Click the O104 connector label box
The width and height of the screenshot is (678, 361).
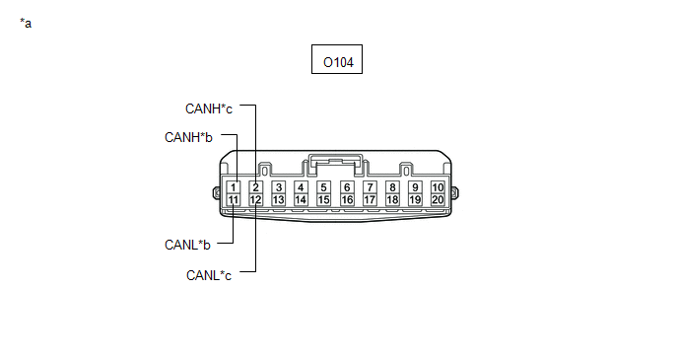337,59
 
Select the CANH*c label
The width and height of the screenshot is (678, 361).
208,108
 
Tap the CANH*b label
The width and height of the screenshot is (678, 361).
188,137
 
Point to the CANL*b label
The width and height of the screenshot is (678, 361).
187,245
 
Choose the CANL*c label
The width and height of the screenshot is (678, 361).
209,275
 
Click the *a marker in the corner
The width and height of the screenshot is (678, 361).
26,23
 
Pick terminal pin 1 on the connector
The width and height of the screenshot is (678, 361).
233,187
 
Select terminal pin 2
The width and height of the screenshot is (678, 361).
255,187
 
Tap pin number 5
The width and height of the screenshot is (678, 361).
323,187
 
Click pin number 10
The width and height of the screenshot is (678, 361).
438,187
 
